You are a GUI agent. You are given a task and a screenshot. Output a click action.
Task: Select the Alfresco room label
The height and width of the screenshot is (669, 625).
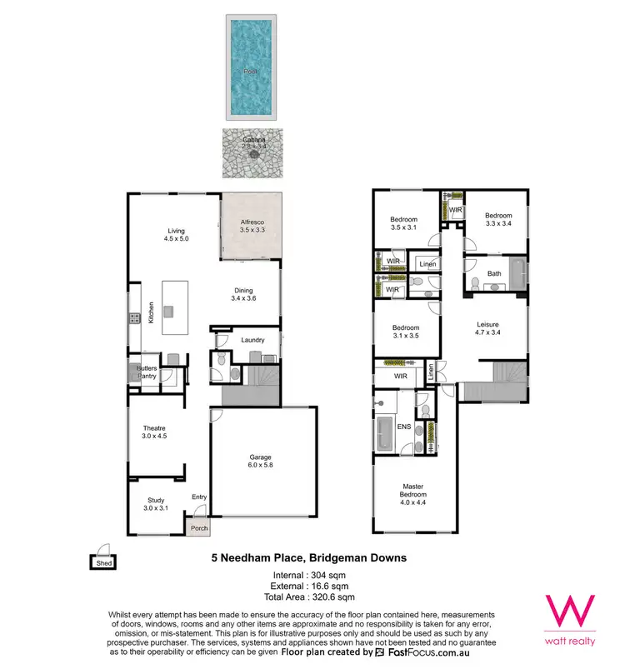250,225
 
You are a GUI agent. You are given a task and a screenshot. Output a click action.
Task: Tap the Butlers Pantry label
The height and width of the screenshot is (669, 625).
148,372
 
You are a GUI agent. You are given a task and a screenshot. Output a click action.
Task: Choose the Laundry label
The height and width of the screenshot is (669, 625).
252,340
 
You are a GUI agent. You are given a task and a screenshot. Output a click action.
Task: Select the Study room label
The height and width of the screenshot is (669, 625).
156,503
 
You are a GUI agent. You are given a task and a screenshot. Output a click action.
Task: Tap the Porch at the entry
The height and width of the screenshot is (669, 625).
199,527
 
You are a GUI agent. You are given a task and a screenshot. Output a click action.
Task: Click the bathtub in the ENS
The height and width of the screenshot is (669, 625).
385,434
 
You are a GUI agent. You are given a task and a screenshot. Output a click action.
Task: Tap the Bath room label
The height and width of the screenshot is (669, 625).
494,274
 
